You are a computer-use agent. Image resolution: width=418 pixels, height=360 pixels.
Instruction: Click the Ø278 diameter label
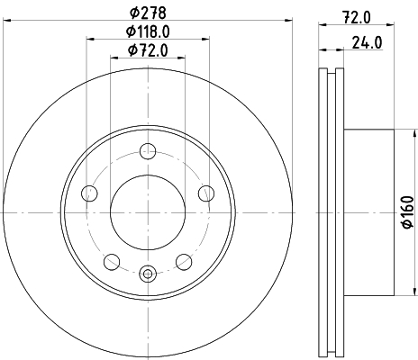pos(148,13)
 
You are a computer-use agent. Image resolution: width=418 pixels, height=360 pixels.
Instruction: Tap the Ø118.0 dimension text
pos(148,31)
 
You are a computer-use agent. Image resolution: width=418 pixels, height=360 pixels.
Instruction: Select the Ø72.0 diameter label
pos(148,50)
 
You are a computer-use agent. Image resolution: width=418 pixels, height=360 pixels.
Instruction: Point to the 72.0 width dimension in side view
pos(357,17)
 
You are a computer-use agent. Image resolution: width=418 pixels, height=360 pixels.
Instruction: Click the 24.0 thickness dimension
pos(367,42)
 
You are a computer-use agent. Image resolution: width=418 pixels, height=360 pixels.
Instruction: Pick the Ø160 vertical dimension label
pos(408,212)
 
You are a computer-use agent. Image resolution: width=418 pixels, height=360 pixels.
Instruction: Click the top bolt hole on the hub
pos(148,151)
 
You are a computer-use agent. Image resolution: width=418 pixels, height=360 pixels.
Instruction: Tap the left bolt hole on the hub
pos(89,193)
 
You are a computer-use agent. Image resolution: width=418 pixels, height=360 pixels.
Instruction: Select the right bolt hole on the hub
pos(206,193)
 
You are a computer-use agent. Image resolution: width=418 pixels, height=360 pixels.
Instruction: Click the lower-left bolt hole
pos(112,262)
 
